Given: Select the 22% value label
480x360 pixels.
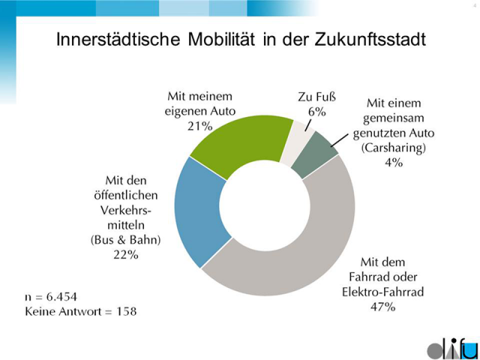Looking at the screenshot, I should (127, 256).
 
